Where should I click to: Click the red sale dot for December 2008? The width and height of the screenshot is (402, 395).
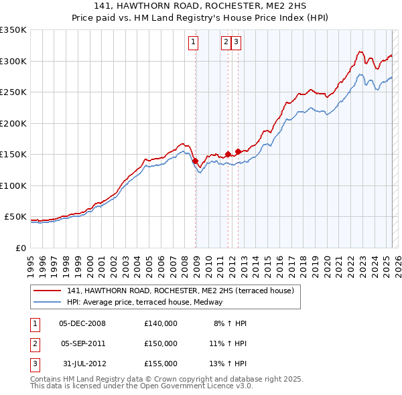195,161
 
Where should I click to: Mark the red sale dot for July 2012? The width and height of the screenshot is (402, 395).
238,151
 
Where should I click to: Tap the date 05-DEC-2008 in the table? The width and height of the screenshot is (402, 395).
82,323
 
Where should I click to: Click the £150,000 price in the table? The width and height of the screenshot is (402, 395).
160,343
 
